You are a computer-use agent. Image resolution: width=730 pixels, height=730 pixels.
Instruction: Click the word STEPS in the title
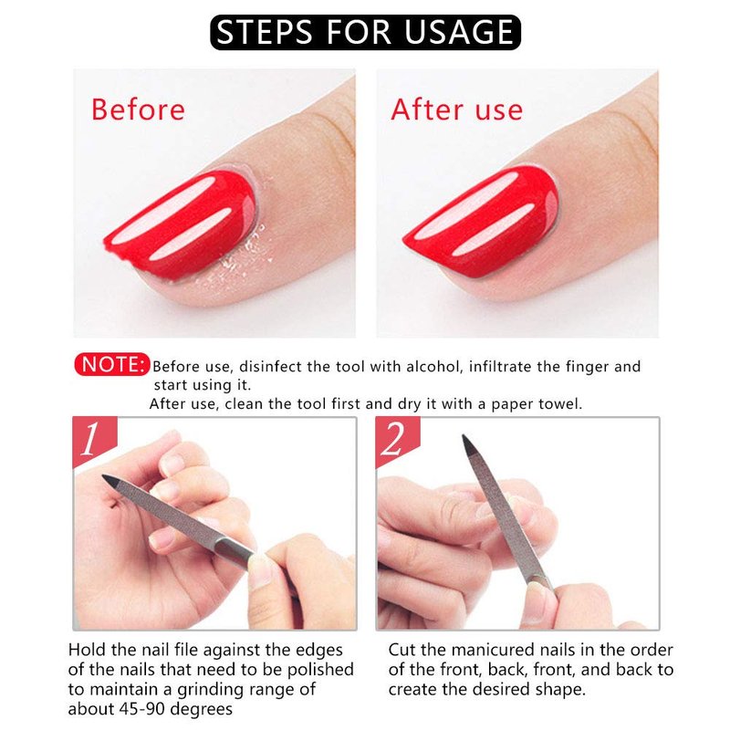(x=264, y=32)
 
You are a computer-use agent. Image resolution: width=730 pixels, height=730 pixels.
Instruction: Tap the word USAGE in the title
(x=459, y=32)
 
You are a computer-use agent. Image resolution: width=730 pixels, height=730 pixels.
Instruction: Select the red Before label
(x=139, y=109)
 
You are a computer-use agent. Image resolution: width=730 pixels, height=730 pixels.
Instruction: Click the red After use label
(x=457, y=109)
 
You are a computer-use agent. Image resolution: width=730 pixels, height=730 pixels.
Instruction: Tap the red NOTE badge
(x=111, y=364)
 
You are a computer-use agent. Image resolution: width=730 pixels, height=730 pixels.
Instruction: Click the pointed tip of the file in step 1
(x=103, y=475)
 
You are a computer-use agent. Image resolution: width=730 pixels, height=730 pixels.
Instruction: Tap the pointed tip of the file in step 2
(x=464, y=436)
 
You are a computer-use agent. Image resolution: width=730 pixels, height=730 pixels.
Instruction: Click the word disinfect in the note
(x=269, y=367)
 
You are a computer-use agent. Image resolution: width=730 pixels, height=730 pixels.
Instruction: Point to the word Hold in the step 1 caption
(x=86, y=650)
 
